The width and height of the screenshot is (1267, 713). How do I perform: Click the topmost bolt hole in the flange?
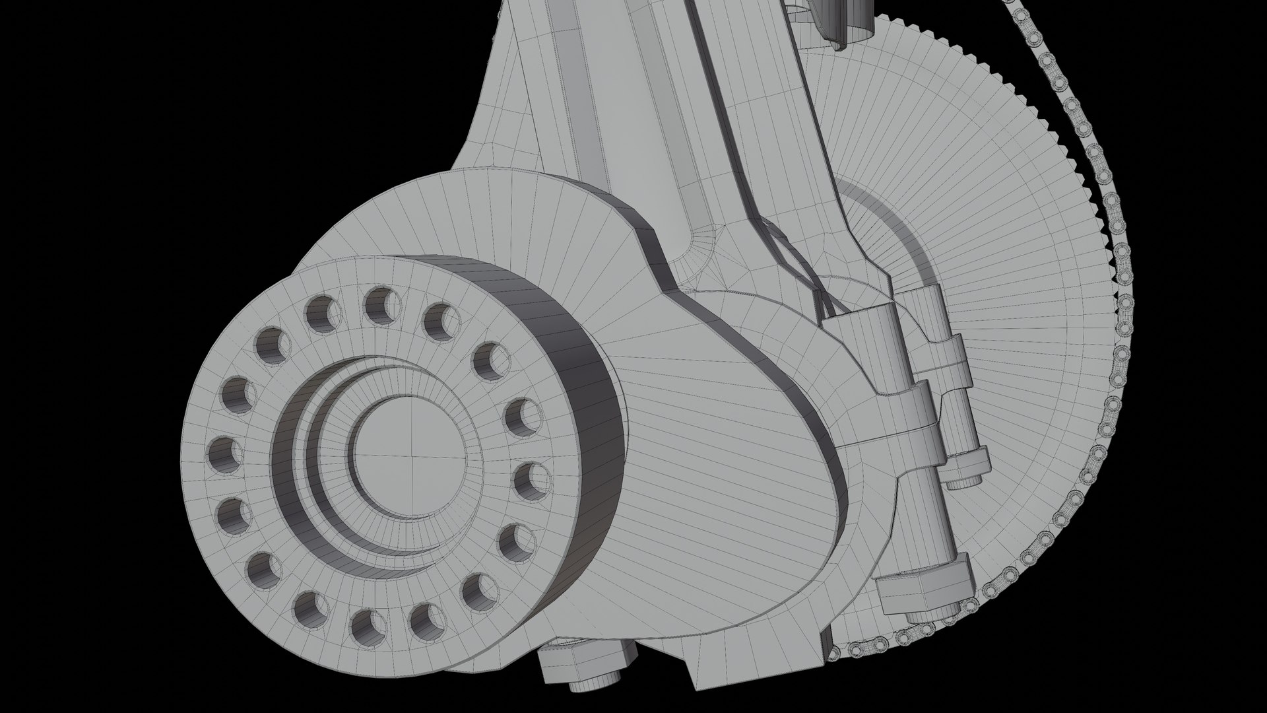coord(383,303)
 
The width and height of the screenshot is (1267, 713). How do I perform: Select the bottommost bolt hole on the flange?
coord(368,627)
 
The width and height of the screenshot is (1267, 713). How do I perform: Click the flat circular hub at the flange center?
coord(409,456)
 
